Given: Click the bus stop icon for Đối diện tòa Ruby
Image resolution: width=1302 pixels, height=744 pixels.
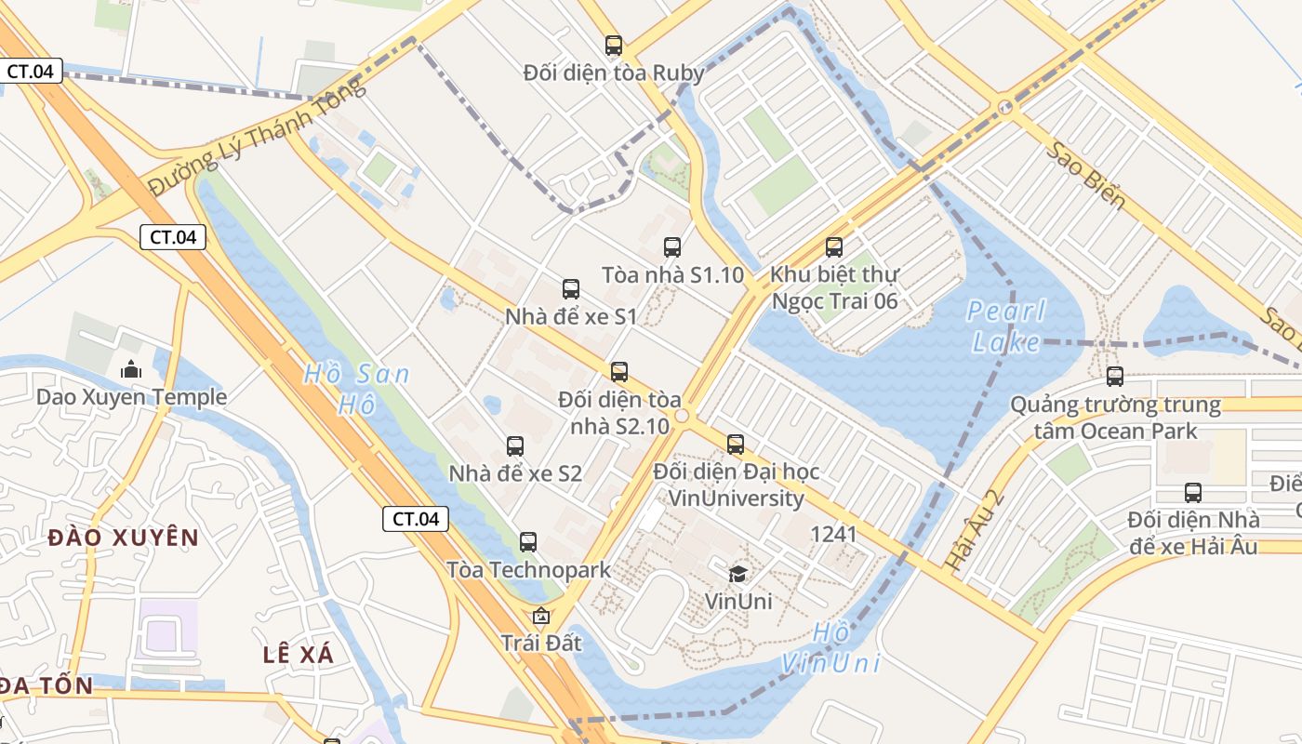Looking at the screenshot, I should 613,45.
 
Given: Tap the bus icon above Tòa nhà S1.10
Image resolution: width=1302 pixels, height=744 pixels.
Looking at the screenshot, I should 672,247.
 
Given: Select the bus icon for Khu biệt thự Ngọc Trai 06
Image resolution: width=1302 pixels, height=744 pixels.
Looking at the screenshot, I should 834,247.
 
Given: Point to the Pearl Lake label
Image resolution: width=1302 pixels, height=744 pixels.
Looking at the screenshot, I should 1006,326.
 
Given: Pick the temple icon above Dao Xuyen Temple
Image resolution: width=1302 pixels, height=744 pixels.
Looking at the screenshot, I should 131,369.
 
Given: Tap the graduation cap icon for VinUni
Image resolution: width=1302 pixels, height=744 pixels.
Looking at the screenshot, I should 737,574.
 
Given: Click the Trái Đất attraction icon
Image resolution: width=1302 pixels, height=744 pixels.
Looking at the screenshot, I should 540,616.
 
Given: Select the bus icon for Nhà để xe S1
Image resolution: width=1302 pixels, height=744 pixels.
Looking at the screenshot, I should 571,289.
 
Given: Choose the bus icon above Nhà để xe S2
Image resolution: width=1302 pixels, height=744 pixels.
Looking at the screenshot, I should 515,446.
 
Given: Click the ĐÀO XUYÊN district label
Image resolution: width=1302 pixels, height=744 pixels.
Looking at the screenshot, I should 124,538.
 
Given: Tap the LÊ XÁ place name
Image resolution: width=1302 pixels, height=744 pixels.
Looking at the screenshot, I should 298,654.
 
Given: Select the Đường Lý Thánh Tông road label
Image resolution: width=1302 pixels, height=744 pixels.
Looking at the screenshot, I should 258,137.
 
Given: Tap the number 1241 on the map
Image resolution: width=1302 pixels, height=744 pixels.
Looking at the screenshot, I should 833,534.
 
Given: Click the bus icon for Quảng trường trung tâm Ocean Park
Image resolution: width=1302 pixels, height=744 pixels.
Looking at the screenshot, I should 1115,377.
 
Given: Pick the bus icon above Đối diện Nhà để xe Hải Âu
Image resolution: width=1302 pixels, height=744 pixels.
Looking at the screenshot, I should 1193,493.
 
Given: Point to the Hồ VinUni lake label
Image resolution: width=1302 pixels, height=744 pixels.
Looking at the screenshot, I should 830,647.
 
